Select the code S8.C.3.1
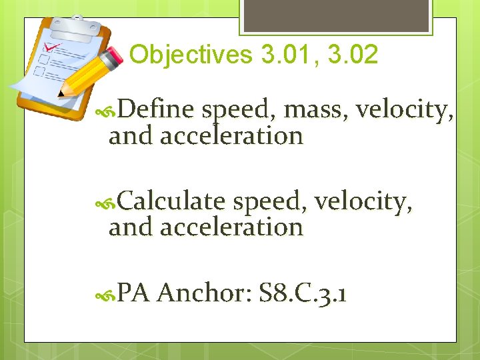(x=303, y=293)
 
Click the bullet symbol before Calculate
(x=109, y=201)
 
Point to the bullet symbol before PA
(x=109, y=294)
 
